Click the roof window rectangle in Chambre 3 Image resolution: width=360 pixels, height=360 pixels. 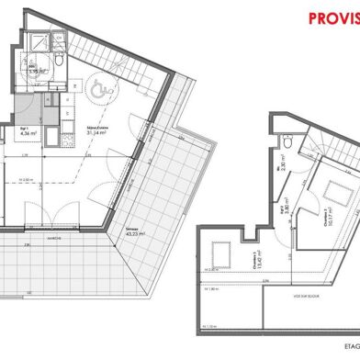pos(221,250)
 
